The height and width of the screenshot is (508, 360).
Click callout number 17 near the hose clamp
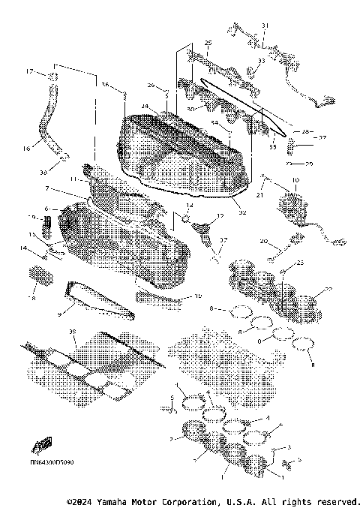pos(31,71)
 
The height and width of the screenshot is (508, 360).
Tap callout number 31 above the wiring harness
pos(263,26)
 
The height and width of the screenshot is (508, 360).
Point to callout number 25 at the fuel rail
pos(208,42)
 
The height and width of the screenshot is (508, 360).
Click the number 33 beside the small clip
pos(261,62)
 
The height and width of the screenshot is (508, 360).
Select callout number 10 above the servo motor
pos(294,180)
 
